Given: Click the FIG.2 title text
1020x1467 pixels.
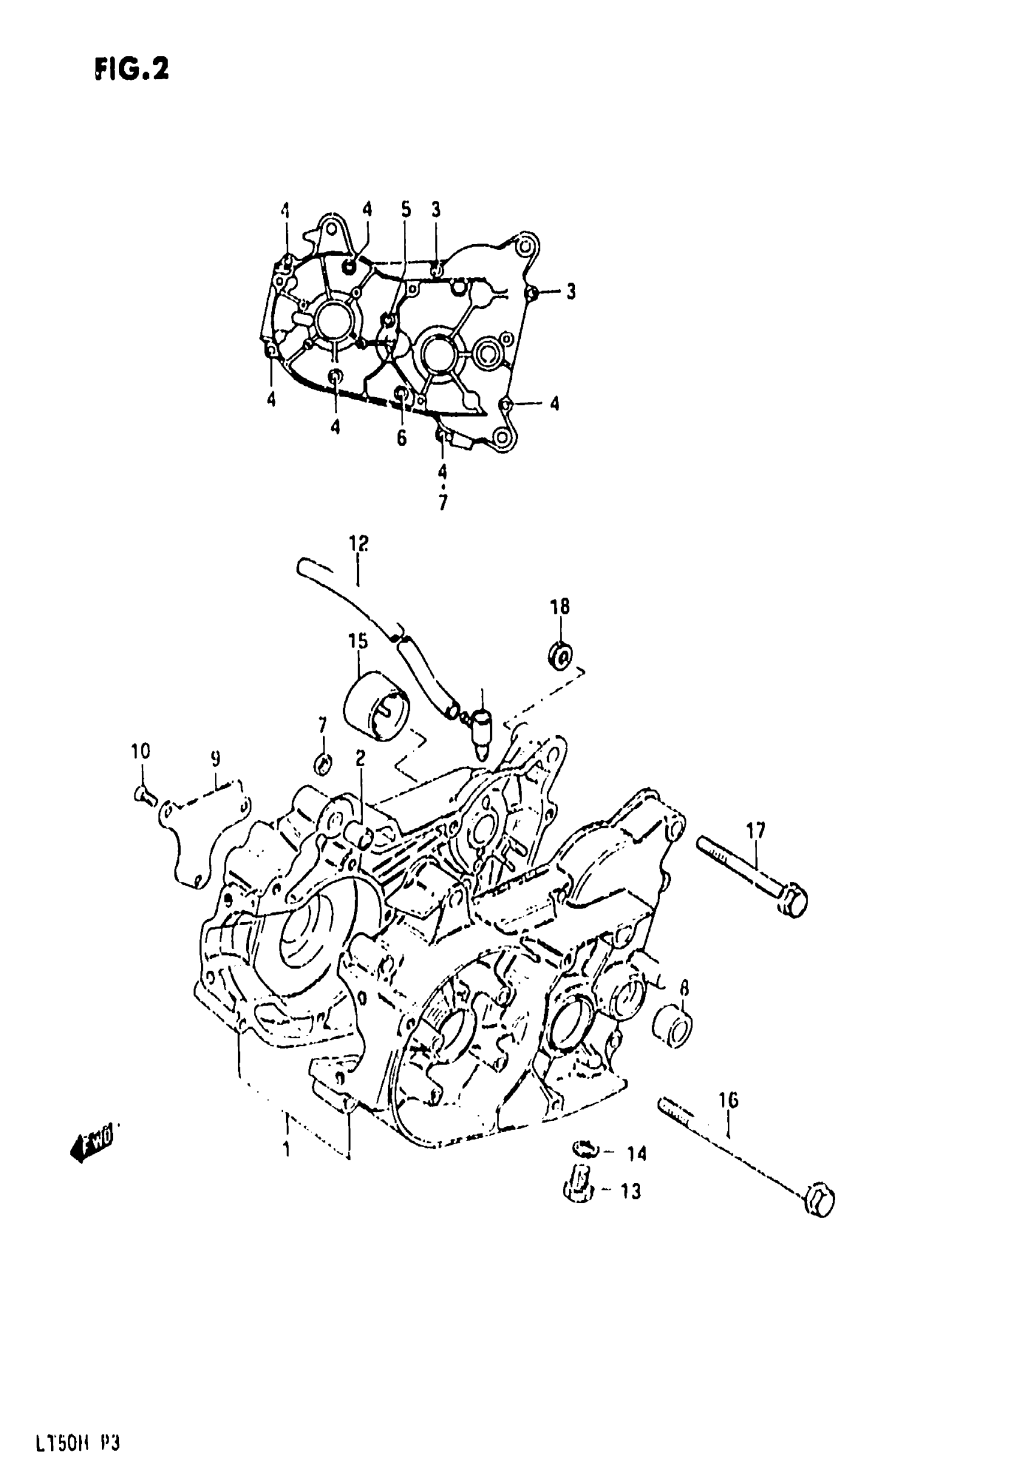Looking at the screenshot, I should tap(132, 68).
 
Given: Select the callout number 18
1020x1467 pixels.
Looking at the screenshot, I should tap(560, 607).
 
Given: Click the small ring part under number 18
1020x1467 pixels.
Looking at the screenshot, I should tap(560, 655).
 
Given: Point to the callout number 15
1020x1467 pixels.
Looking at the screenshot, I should tap(358, 640).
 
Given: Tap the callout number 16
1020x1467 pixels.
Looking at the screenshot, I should tap(728, 1100).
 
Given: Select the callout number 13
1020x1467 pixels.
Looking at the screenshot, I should tap(630, 1192).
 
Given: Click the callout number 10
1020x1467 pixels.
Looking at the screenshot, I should tap(140, 750).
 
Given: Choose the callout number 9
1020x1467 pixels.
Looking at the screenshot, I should tap(215, 758).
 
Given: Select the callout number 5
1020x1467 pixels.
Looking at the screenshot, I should tap(405, 209).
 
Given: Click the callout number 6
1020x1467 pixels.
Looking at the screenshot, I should tap(401, 439).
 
